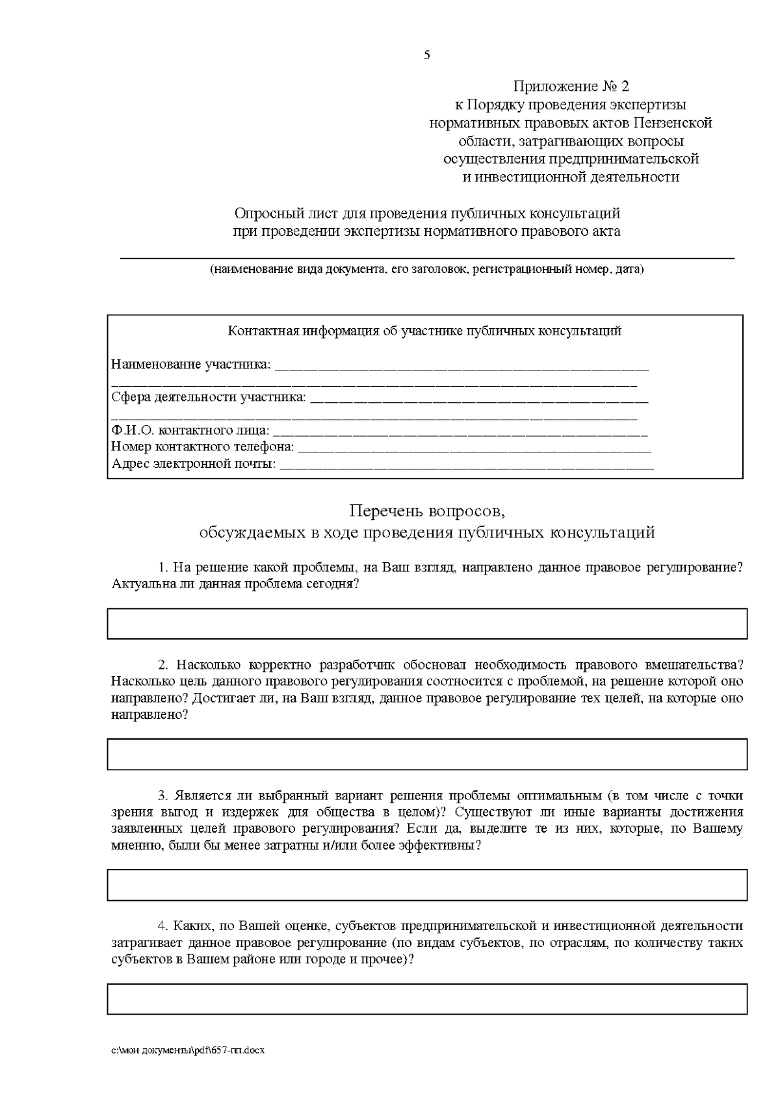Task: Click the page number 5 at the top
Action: [x=427, y=55]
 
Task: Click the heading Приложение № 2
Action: [x=571, y=86]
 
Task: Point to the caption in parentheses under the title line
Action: [x=426, y=269]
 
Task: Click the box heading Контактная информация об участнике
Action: [x=424, y=331]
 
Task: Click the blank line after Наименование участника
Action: [x=461, y=365]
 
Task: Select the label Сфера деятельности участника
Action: [x=208, y=397]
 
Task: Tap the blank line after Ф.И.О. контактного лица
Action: [x=460, y=431]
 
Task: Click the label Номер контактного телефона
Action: [x=202, y=447]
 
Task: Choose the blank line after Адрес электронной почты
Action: [x=466, y=464]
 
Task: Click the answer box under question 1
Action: [x=426, y=624]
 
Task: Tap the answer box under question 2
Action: [x=426, y=754]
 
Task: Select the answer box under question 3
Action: [x=426, y=885]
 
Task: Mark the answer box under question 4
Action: [x=426, y=999]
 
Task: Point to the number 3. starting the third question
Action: [x=162, y=796]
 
